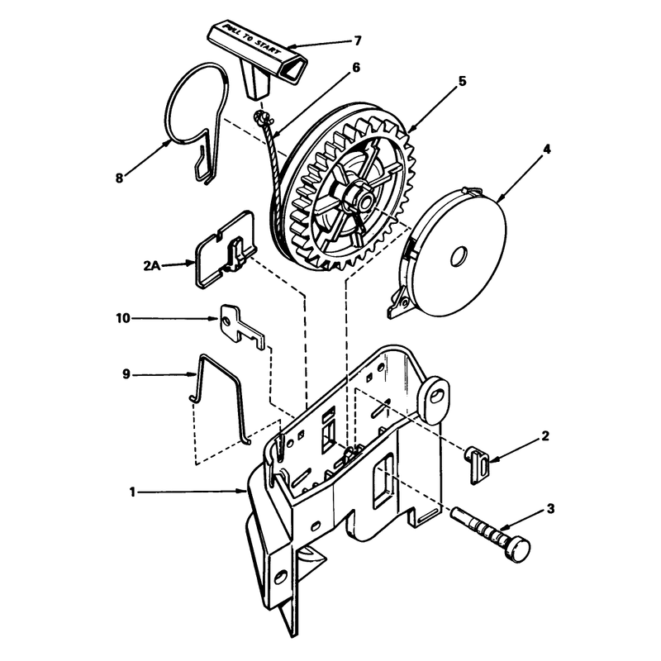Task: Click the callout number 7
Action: [357, 40]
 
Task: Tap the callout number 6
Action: [356, 68]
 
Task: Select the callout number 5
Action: [463, 81]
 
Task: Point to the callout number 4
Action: [546, 150]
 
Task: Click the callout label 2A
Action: [152, 266]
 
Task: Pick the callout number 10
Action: [123, 318]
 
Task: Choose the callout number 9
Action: [126, 374]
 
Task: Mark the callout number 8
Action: [119, 178]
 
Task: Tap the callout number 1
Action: [132, 492]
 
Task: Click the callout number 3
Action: [550, 509]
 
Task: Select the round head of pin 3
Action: [518, 548]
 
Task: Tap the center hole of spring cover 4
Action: [459, 256]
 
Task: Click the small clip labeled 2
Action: [477, 465]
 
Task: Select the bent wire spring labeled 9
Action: [221, 397]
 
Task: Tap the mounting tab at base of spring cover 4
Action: [398, 302]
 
